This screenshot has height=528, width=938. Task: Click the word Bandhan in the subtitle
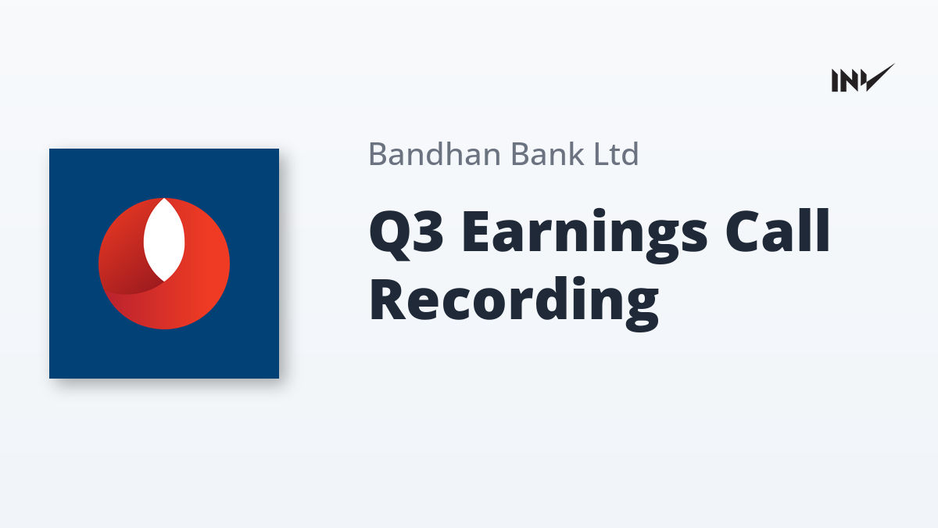click(435, 154)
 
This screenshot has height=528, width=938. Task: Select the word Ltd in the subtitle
click(617, 154)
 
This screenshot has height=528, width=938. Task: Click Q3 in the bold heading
click(406, 234)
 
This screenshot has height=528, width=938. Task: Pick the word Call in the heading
click(778, 231)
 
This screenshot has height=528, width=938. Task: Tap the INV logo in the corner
click(863, 78)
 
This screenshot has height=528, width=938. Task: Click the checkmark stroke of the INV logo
click(879, 77)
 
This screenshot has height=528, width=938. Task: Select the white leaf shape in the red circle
click(164, 239)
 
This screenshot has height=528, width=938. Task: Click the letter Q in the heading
click(388, 235)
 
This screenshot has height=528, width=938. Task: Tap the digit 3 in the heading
click(428, 232)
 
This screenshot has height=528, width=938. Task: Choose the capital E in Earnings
click(475, 232)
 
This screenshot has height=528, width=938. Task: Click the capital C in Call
click(744, 232)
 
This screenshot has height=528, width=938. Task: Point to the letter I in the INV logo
click(835, 81)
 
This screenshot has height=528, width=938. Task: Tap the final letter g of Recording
click(641, 310)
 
